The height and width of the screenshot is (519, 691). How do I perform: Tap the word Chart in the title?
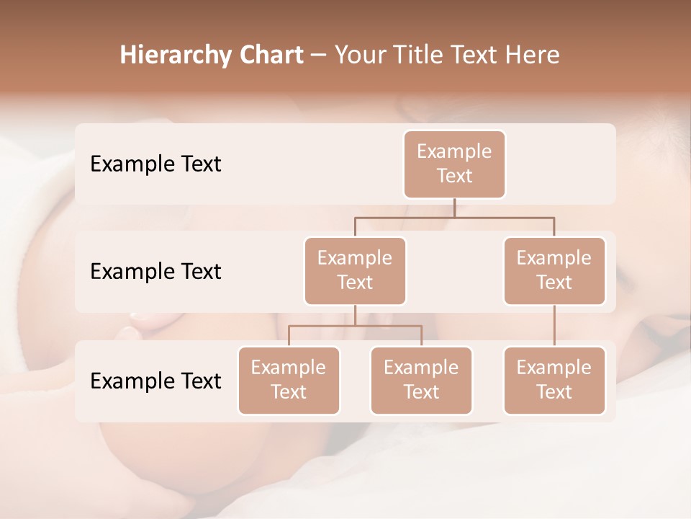point(269,56)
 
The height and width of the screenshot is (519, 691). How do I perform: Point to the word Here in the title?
point(533,56)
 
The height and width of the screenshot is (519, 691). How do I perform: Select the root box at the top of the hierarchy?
point(454,164)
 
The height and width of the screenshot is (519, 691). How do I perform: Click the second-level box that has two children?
point(355,270)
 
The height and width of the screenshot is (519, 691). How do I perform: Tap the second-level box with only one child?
point(554,270)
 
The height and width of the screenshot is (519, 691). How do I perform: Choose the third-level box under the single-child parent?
point(554,380)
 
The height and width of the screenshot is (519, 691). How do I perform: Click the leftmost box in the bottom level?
point(289,380)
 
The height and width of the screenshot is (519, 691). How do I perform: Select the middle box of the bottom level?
point(421,380)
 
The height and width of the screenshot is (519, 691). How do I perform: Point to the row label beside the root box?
point(155,164)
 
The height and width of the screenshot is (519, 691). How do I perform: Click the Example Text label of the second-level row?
point(155,271)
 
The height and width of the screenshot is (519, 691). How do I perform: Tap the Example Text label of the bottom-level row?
point(155,381)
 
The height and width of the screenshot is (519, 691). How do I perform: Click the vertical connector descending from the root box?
point(454,208)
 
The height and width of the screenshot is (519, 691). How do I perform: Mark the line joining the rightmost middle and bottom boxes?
point(554,326)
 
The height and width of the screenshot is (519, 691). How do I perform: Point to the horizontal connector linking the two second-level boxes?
point(454,217)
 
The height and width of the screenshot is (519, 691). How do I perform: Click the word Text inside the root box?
point(454,176)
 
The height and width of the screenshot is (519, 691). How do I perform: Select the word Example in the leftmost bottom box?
point(289,368)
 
